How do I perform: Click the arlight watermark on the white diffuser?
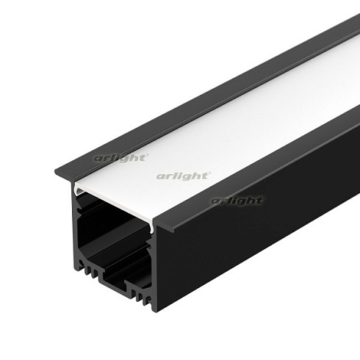(184, 176)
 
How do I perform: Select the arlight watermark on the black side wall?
(237, 201)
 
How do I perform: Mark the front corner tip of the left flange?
(57, 173)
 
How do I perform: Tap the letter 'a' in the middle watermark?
(159, 176)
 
